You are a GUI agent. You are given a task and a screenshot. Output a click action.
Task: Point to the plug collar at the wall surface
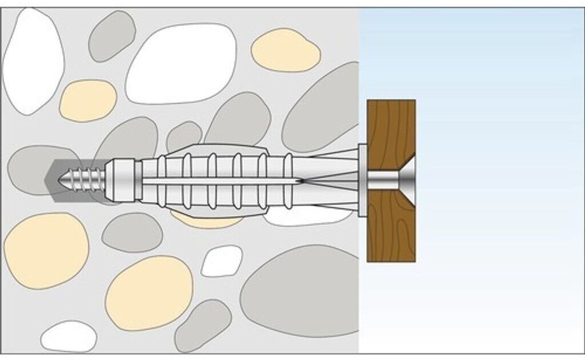[362, 181]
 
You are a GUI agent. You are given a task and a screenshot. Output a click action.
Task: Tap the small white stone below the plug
[222, 261]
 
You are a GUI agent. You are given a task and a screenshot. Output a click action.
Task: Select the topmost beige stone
[286, 50]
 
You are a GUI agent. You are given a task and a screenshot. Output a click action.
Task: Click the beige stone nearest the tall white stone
[88, 100]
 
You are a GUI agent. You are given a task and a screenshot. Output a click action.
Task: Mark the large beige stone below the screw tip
[46, 250]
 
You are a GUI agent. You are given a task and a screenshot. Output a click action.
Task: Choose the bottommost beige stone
[149, 293]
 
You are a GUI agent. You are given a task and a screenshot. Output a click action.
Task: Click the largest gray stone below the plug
[300, 290]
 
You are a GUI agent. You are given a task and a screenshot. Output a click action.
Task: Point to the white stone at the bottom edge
[69, 337]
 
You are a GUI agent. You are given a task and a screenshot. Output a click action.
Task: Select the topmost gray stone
[111, 35]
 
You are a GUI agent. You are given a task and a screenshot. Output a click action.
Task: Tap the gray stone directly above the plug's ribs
[237, 120]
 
